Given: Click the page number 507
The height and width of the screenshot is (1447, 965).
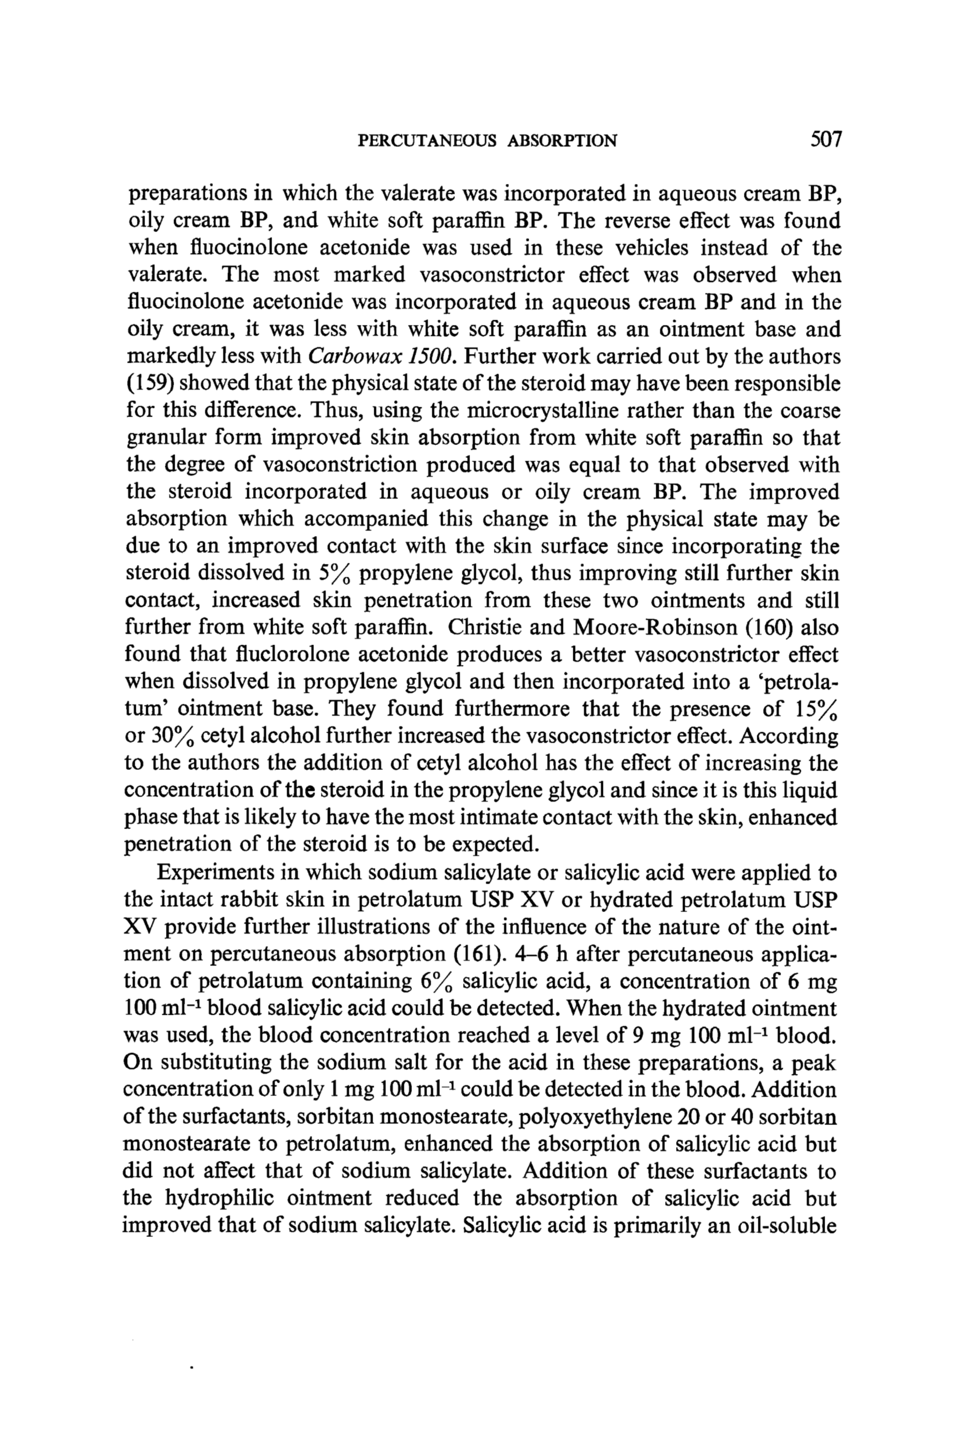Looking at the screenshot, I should (x=825, y=140).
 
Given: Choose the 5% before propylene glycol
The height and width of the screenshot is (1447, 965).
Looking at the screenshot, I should (x=335, y=574).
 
